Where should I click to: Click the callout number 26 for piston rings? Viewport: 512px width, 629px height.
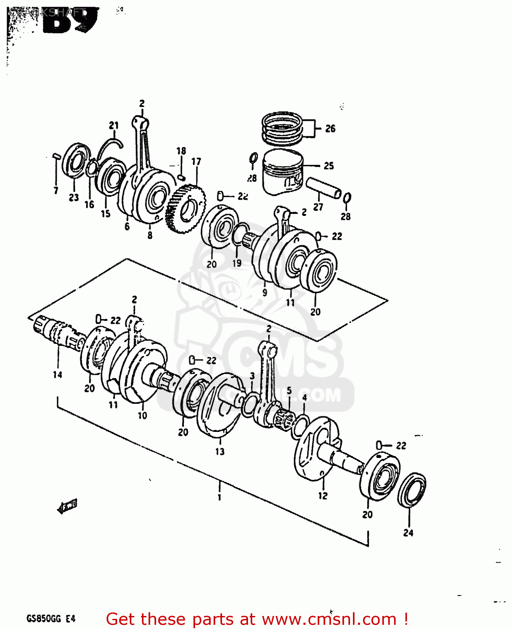pos(330,128)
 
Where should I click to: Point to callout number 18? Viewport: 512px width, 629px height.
pos(181,151)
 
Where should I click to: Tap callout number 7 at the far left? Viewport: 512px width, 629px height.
pos(56,191)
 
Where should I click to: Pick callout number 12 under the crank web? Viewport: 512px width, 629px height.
pos(322,496)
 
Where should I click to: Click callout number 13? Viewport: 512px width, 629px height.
pos(220,452)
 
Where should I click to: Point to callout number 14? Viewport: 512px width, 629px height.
pos(57,374)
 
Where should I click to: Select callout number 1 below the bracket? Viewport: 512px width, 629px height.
pos(219,498)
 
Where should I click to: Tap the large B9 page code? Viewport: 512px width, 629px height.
pos(69,21)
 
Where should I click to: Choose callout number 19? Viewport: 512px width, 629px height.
pos(237,263)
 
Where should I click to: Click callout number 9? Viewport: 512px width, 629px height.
pos(264,293)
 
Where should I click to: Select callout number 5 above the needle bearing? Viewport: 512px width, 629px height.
pos(289,391)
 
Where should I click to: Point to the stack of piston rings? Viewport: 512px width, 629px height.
pos(282,127)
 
